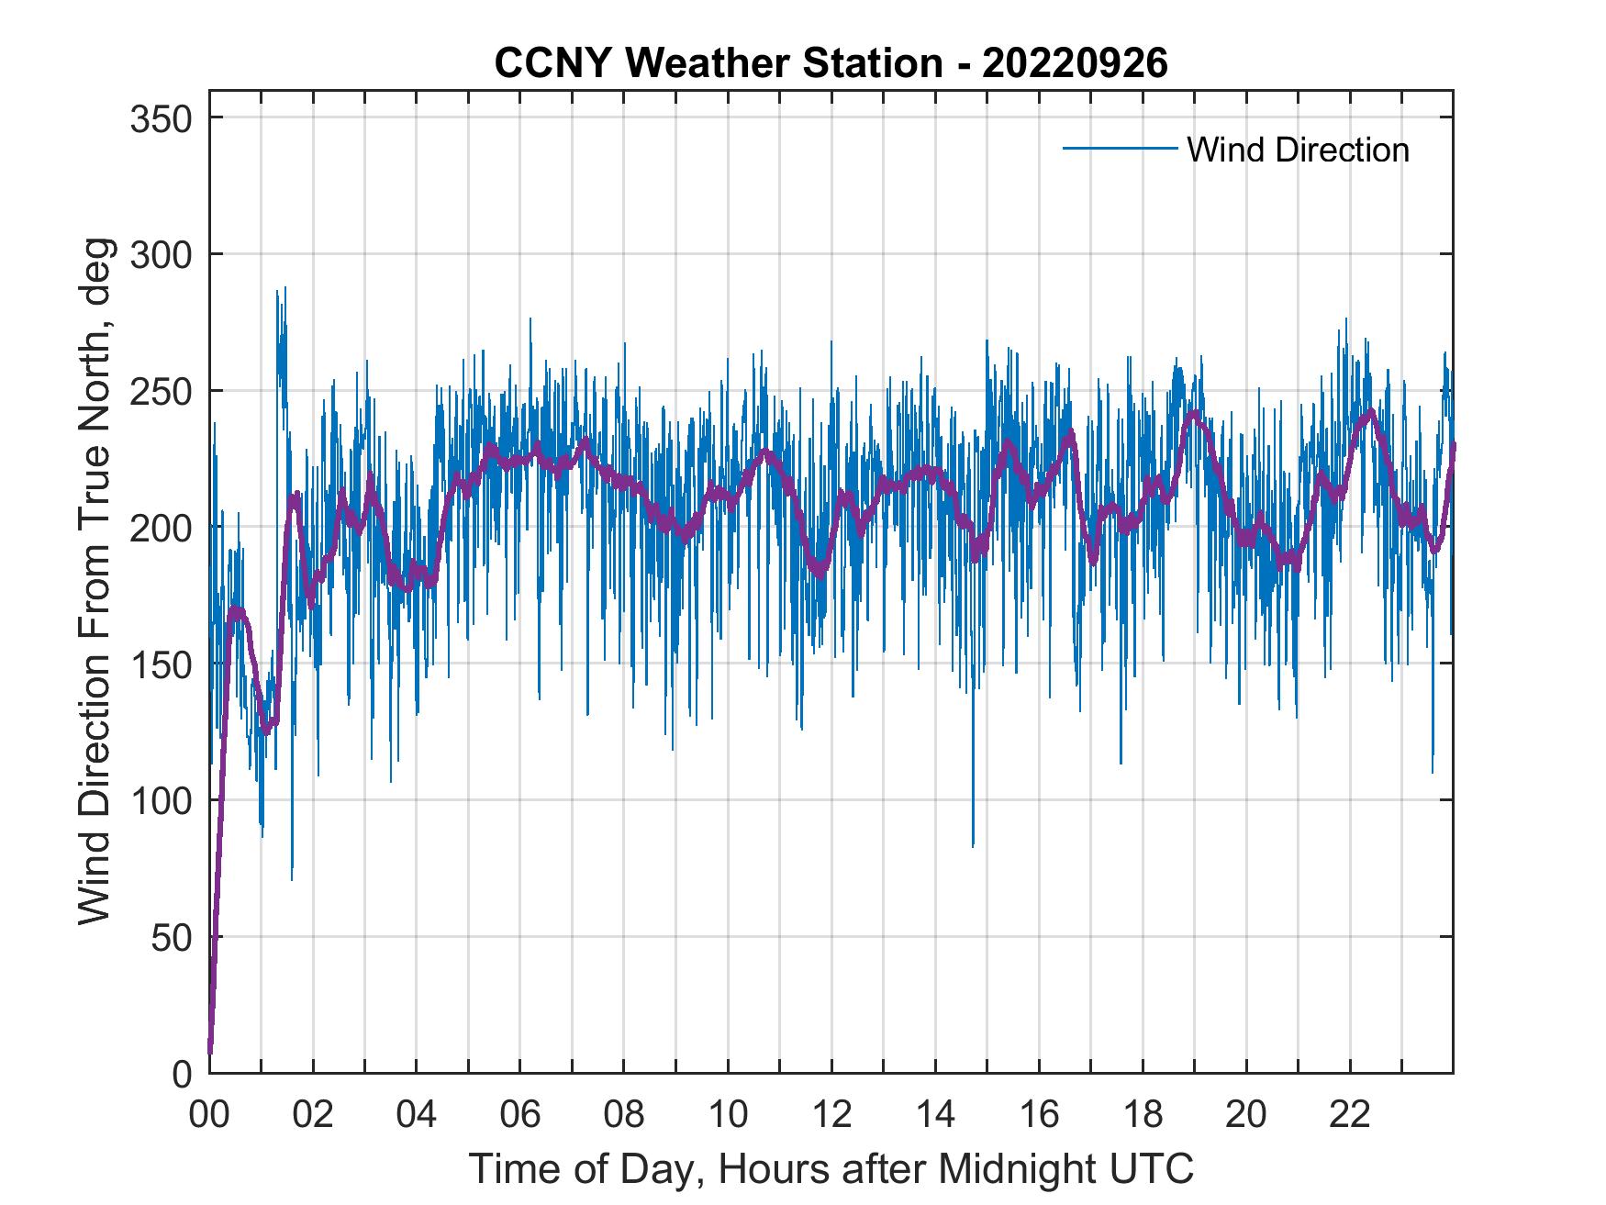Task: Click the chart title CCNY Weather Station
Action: pos(719,63)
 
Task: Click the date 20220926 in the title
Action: pos(1075,63)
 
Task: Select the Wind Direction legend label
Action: pos(1298,150)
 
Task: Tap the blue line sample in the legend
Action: pos(1120,149)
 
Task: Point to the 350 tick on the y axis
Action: pos(162,118)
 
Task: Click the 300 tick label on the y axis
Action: pos(162,255)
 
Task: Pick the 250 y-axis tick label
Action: pos(162,392)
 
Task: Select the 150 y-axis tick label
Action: pos(162,664)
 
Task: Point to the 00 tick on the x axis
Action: pos(209,1115)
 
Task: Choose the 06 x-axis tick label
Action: pos(520,1115)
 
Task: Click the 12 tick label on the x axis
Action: pos(831,1115)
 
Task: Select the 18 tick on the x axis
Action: pos(1143,1115)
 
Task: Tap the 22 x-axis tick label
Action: pos(1350,1115)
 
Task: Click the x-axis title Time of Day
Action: pos(831,1170)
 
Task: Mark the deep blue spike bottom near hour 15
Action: pos(973,844)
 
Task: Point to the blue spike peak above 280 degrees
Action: pos(284,288)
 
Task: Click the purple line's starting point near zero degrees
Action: pos(210,1051)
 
